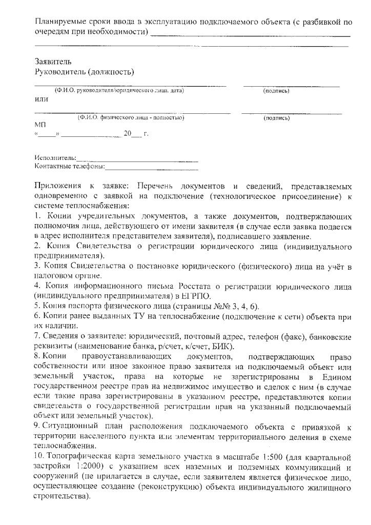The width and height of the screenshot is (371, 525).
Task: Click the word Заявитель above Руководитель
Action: pyautogui.click(x=50, y=62)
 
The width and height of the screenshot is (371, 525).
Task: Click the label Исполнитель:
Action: pyautogui.click(x=55, y=157)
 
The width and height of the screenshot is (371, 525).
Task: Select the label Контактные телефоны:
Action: pyautogui.click(x=69, y=166)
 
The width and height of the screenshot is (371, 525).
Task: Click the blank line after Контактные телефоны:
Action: pyautogui.click(x=151, y=167)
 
